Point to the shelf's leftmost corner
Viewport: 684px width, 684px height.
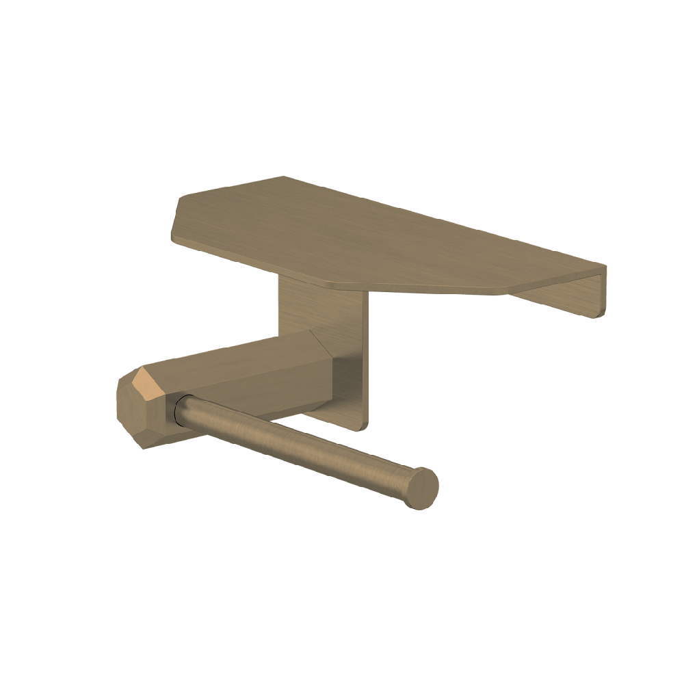click(x=172, y=236)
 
